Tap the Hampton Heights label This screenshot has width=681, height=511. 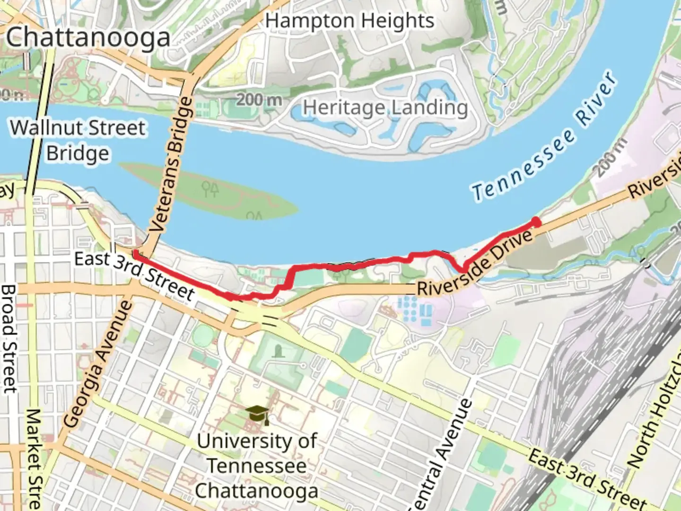[x=349, y=21]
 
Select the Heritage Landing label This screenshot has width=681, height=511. [x=385, y=108]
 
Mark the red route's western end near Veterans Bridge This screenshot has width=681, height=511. [x=136, y=254]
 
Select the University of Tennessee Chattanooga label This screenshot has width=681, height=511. [x=257, y=466]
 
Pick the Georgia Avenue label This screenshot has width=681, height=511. [x=98, y=363]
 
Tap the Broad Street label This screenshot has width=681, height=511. [x=9, y=339]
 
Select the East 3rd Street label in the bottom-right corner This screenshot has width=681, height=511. [x=587, y=479]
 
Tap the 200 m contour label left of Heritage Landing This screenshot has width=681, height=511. [x=259, y=100]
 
